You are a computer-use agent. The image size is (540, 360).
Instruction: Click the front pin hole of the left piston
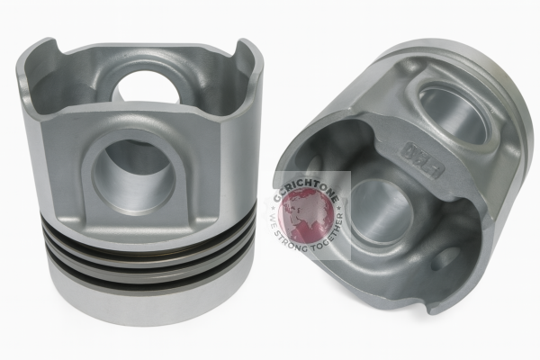[134, 171]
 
